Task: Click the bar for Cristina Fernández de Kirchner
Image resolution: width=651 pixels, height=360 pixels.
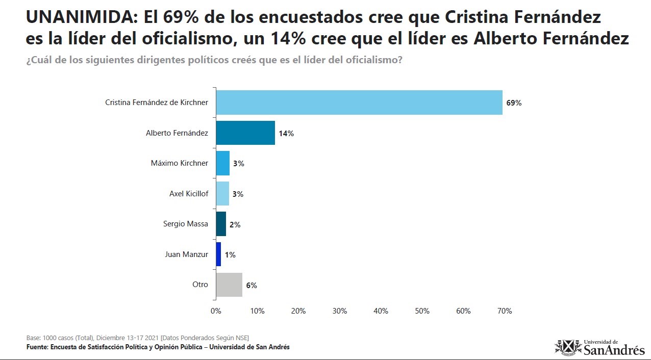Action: (x=359, y=102)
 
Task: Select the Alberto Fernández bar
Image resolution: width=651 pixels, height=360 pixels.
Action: (x=245, y=133)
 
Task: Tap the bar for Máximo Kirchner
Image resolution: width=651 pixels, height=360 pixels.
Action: (x=223, y=163)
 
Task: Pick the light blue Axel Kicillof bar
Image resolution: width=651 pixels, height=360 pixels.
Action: (x=222, y=193)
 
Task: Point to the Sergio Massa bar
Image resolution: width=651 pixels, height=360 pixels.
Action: (x=221, y=224)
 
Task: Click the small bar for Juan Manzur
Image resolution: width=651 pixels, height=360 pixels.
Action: (x=218, y=254)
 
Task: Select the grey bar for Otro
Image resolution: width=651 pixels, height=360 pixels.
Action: (x=229, y=285)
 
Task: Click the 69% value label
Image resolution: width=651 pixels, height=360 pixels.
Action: (x=514, y=103)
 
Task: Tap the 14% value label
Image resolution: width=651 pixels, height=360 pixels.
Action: (x=286, y=134)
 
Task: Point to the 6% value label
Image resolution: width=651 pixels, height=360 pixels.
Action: (x=252, y=286)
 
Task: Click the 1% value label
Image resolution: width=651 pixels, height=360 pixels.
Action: (x=230, y=255)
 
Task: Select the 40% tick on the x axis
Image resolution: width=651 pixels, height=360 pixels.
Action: (x=381, y=311)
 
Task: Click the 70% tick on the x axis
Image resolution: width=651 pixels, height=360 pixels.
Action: (x=505, y=311)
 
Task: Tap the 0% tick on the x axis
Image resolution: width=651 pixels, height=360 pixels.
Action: (x=216, y=311)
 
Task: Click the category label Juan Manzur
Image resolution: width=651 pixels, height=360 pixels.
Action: (x=187, y=254)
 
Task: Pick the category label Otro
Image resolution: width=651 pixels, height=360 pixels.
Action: (x=200, y=284)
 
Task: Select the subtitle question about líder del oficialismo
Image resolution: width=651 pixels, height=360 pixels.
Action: (x=214, y=60)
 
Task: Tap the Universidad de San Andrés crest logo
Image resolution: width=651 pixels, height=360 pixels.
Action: (x=568, y=347)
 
